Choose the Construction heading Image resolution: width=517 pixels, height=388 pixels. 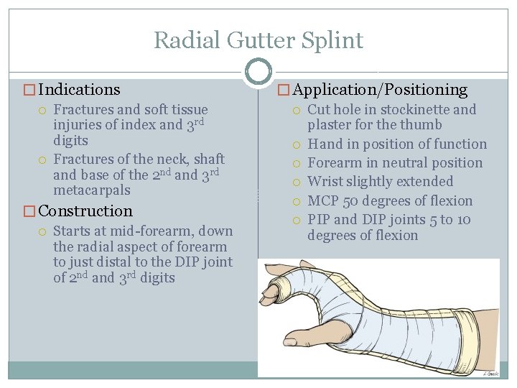click(85, 211)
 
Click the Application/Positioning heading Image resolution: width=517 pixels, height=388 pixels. click(380, 90)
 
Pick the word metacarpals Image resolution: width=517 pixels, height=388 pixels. click(92, 191)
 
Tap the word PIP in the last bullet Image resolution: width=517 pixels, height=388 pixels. click(320, 220)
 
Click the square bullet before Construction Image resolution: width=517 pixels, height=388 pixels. click(29, 211)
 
